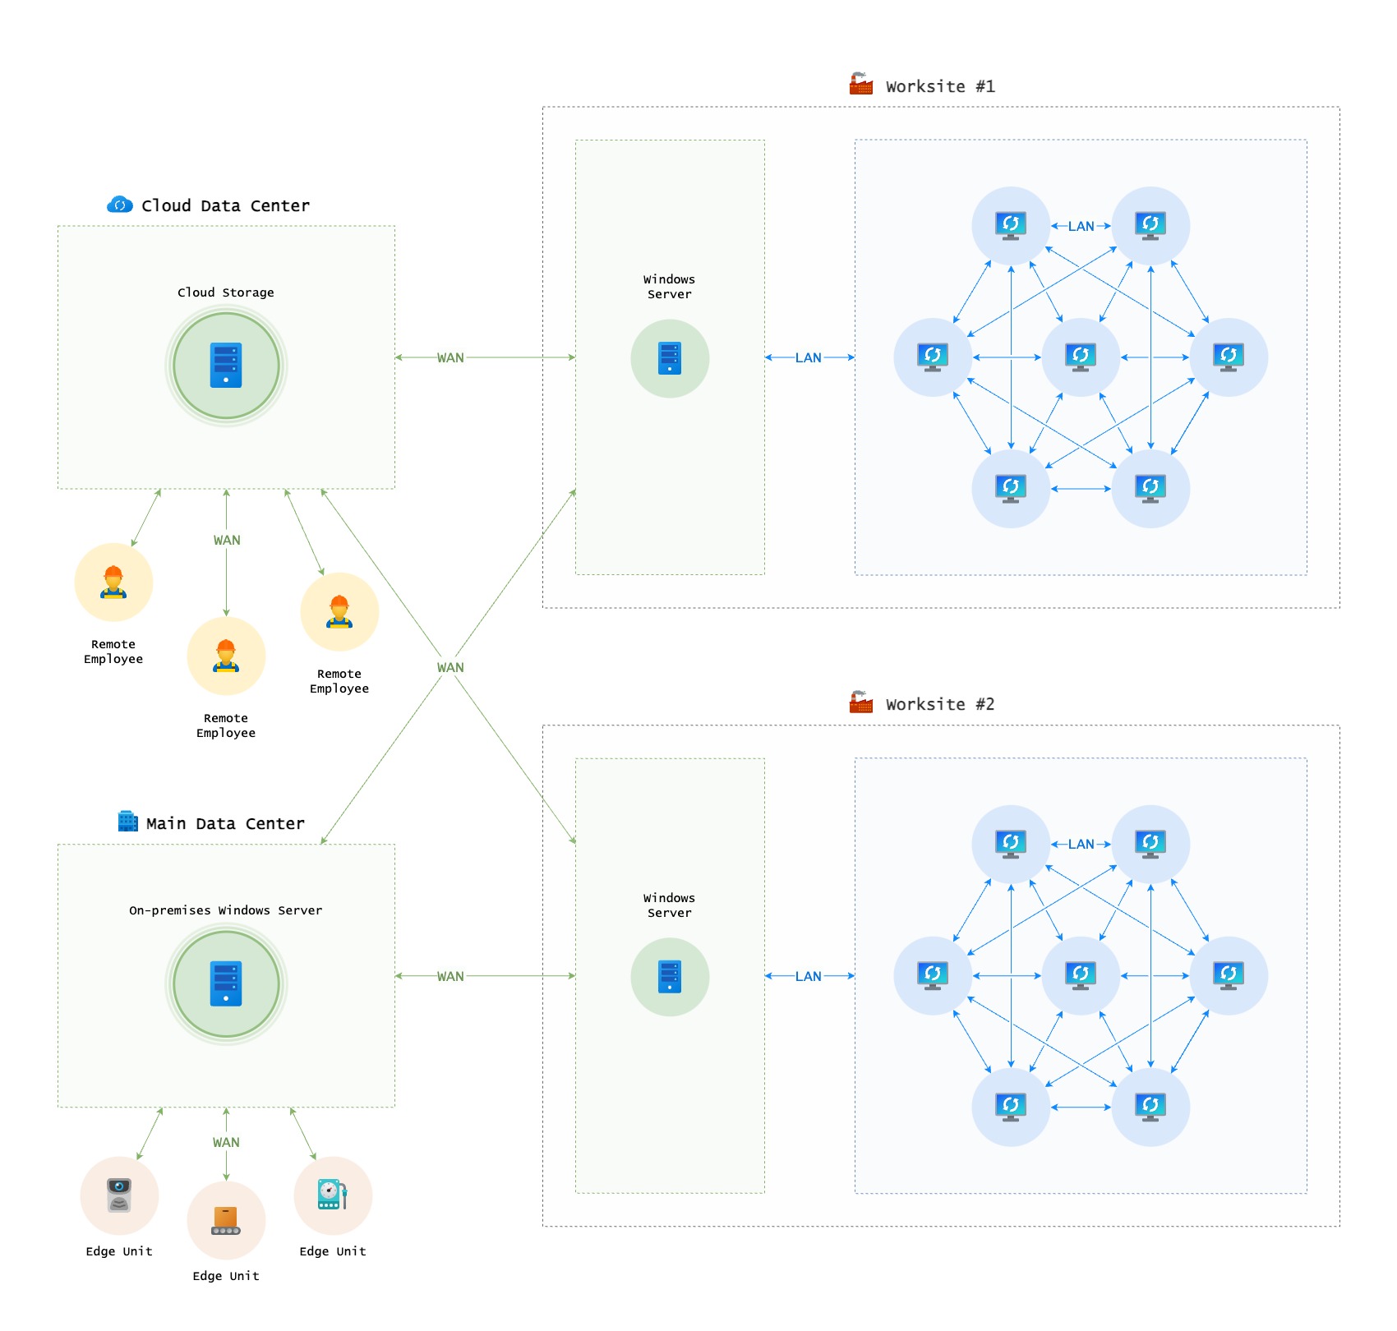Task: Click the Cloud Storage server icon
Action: [226, 365]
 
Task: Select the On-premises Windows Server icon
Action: [226, 983]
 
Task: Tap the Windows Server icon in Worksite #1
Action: [670, 358]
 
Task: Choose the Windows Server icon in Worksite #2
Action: [670, 977]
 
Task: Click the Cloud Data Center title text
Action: [225, 205]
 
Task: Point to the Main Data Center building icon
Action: [128, 821]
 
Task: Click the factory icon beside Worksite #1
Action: [861, 84]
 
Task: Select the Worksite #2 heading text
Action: [940, 704]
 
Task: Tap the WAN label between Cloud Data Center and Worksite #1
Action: [450, 357]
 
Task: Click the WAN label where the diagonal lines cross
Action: [450, 667]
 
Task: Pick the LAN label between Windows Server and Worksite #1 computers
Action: [809, 357]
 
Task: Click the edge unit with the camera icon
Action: [119, 1195]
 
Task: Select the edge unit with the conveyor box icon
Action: [226, 1220]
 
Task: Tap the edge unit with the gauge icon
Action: [333, 1195]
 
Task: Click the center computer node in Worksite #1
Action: [1081, 357]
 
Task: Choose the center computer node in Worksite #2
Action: [1081, 976]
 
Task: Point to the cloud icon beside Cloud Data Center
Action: [120, 205]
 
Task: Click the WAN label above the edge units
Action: [226, 1142]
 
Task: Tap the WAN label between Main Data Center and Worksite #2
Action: [450, 976]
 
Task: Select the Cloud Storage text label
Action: [226, 292]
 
